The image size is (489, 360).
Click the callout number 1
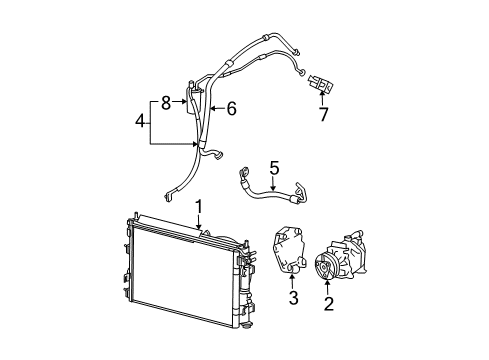click(x=199, y=206)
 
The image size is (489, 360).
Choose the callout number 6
click(x=231, y=109)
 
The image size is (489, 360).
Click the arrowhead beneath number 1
click(x=199, y=229)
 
